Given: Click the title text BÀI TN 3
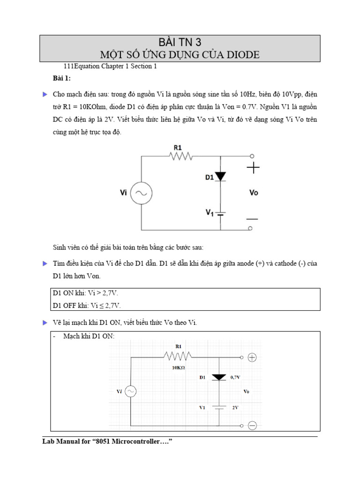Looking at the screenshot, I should click(x=180, y=41).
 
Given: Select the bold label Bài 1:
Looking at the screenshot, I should click(x=61, y=78).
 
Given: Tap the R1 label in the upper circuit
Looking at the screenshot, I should click(x=178, y=147).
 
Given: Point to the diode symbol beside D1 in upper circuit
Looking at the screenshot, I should click(x=220, y=176).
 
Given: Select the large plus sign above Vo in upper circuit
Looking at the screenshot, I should click(x=253, y=168).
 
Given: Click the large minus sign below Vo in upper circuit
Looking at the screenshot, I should click(x=253, y=218).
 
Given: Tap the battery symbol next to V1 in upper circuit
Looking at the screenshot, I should click(x=221, y=213).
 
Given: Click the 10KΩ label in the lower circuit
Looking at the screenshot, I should click(x=178, y=368).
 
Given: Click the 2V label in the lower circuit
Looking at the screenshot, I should click(x=236, y=407).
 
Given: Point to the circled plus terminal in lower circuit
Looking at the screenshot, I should click(x=252, y=358).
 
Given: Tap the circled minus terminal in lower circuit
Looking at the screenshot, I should click(x=252, y=426).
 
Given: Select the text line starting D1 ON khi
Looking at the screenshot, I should click(x=85, y=293).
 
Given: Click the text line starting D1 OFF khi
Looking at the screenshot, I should click(x=87, y=305).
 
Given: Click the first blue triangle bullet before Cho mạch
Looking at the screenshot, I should click(x=45, y=94).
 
